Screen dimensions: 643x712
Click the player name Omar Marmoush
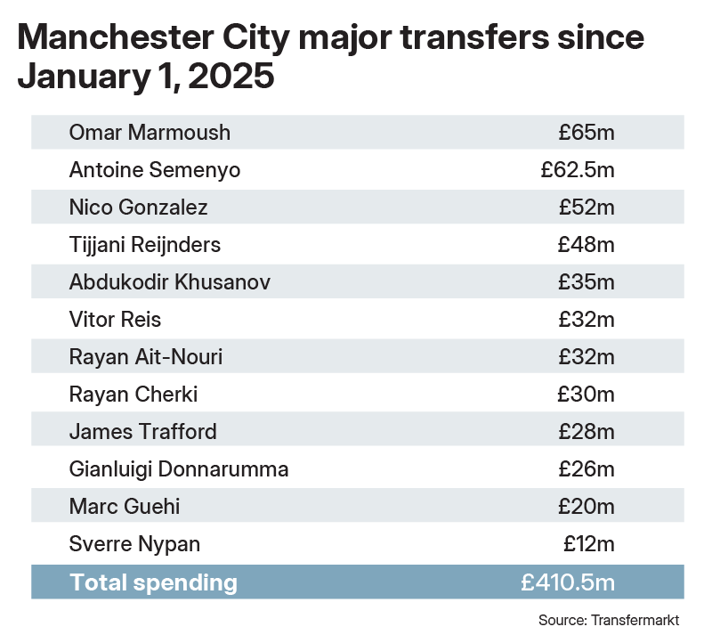[150, 133]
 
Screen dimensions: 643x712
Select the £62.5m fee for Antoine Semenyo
[577, 170]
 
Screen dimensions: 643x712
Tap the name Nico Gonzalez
[138, 208]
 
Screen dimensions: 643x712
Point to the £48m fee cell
[587, 245]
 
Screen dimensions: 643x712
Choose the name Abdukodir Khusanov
[169, 282]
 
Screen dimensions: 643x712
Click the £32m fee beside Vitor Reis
[587, 320]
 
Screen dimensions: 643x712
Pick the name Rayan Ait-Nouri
[146, 357]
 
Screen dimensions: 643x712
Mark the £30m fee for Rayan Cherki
[587, 395]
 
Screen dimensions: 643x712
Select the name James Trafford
[142, 432]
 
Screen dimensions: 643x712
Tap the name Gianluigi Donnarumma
[179, 469]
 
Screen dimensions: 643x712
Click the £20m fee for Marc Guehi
[587, 507]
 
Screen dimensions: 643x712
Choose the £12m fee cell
[588, 544]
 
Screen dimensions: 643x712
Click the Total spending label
[153, 582]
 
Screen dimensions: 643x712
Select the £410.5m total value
[568, 582]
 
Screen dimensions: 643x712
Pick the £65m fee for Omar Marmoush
[587, 133]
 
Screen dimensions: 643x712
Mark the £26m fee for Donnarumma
[587, 469]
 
